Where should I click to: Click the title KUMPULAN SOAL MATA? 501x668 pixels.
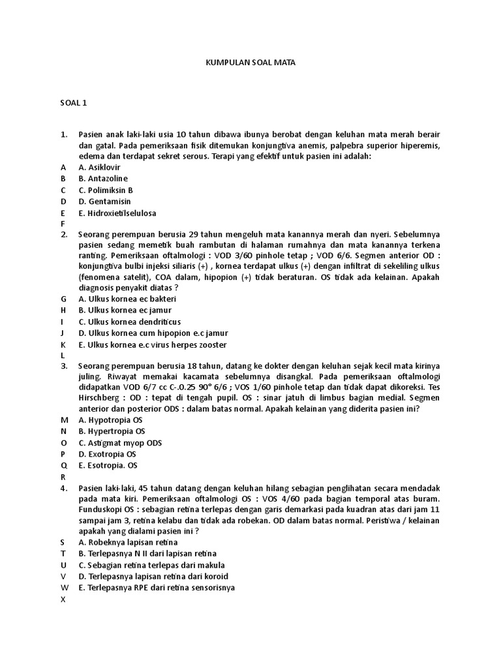point(250,63)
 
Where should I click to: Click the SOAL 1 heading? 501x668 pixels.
point(73,102)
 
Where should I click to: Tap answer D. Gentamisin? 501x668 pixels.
point(104,202)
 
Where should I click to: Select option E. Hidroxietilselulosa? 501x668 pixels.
point(117,213)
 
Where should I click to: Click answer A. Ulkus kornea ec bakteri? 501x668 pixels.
point(127,299)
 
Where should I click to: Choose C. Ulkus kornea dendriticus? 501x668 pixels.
point(130,322)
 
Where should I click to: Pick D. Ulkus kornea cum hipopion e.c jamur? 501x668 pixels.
point(153,333)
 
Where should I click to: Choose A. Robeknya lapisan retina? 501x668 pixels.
point(128,542)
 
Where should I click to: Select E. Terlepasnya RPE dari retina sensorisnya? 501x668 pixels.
point(157,588)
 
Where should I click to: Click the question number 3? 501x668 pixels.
point(64,366)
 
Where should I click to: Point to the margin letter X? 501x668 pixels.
point(63,600)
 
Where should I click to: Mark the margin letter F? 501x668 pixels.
point(63,223)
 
